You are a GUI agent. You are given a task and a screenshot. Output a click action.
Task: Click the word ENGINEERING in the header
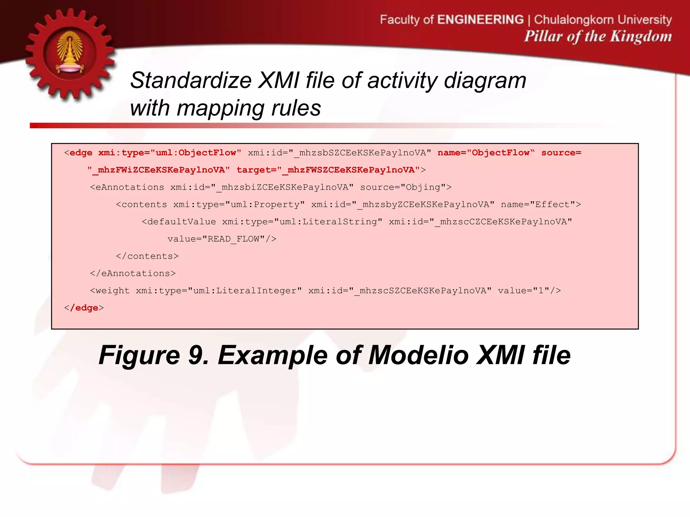480,20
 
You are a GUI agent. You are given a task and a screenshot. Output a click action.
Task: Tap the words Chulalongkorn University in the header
603,20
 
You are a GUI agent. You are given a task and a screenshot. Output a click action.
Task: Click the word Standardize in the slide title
191,81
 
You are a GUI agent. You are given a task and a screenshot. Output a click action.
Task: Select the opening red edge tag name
81,153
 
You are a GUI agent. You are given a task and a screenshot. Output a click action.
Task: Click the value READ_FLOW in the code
233,239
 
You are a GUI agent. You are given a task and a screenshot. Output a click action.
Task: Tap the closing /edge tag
84,308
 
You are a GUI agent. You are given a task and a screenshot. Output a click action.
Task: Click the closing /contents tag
147,256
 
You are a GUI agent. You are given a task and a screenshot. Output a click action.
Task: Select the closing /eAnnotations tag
133,273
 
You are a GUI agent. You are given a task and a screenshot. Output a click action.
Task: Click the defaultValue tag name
182,222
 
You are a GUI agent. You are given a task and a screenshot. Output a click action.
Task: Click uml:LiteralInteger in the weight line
245,291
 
